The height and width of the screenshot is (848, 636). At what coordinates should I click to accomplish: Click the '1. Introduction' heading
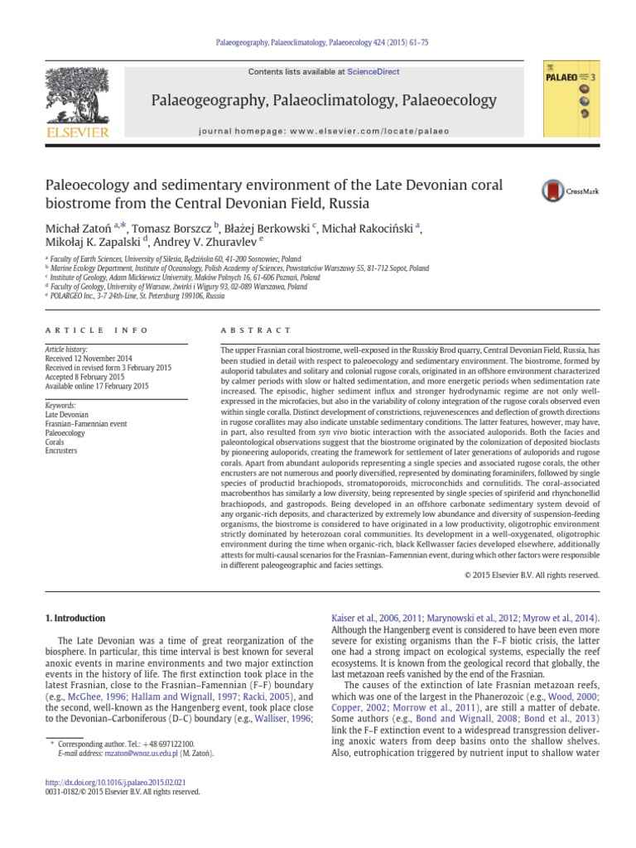click(75, 618)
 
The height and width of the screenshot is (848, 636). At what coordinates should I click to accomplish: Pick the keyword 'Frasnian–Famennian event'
click(86, 423)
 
